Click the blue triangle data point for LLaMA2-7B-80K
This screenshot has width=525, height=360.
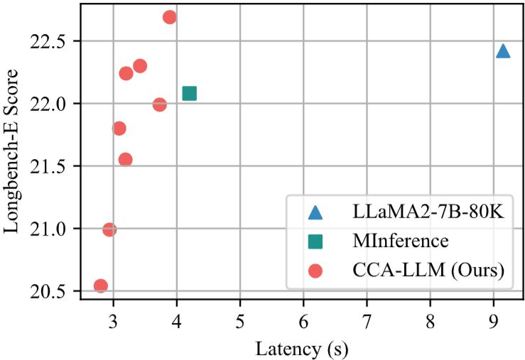tap(502, 51)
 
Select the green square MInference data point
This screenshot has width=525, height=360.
tap(189, 93)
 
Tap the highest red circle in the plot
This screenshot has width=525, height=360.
tap(169, 17)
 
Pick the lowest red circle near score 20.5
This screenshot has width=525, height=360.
tap(101, 285)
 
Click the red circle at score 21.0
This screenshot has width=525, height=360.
tap(109, 229)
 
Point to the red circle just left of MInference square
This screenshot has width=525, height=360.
tap(160, 104)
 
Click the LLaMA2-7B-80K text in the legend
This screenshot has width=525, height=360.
tap(428, 212)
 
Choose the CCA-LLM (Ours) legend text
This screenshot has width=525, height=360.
tap(428, 270)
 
